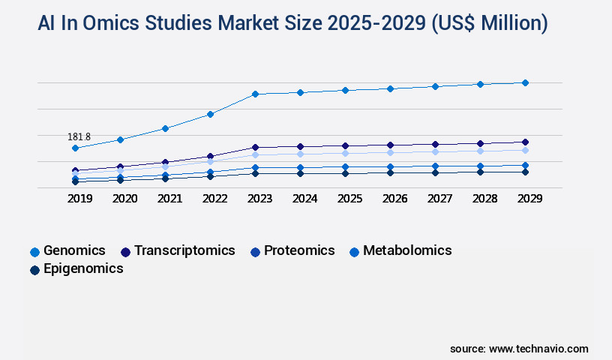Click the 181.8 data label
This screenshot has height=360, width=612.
[79, 136]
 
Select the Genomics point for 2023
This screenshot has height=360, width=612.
[255, 94]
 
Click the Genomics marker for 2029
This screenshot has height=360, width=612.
[525, 82]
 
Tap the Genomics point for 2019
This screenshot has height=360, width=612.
[75, 148]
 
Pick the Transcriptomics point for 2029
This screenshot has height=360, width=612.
[525, 142]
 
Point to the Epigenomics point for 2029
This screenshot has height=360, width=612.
[525, 172]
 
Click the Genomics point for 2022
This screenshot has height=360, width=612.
[210, 114]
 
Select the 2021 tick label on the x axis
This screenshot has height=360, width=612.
[169, 199]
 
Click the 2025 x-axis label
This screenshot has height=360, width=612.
[349, 199]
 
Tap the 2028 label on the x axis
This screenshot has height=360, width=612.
[484, 199]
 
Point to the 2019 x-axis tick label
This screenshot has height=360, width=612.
[79, 199]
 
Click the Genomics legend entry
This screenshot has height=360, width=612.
[73, 250]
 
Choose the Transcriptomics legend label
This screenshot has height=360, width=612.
[184, 250]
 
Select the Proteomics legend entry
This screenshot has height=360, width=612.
[298, 250]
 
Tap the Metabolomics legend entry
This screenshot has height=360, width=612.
[406, 250]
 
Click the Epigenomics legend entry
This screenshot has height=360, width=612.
[82, 268]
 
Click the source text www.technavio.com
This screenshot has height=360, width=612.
[538, 349]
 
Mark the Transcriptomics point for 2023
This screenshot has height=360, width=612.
[255, 147]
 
